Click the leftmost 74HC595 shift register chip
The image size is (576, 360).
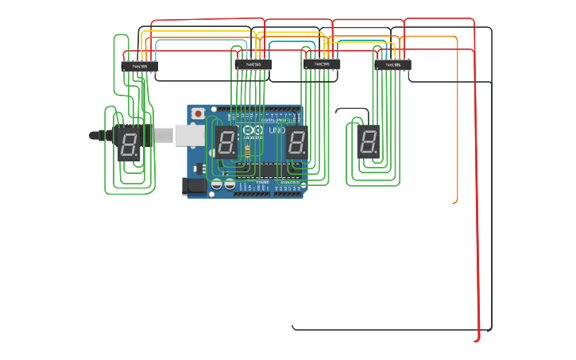click(x=139, y=66)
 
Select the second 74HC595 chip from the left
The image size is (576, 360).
click(x=253, y=64)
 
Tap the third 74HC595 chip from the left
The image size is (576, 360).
click(x=322, y=64)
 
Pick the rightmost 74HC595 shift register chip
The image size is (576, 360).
click(x=393, y=65)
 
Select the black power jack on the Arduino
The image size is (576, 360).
click(x=192, y=187)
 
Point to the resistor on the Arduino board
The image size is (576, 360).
click(x=247, y=151)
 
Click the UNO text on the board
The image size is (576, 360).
click(x=276, y=130)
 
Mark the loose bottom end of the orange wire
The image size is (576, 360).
click(x=454, y=203)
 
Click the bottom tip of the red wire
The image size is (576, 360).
click(x=475, y=341)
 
